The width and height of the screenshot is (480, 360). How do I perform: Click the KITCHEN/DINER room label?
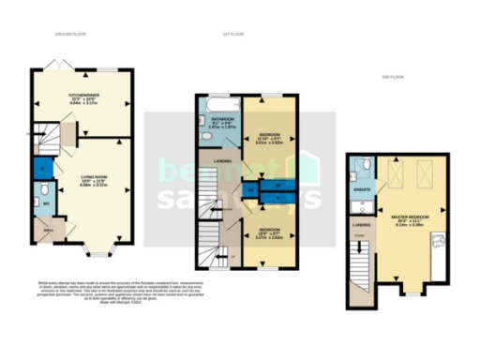83,95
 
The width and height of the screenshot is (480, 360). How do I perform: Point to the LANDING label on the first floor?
224,160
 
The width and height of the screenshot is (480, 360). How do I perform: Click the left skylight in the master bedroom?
397,175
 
